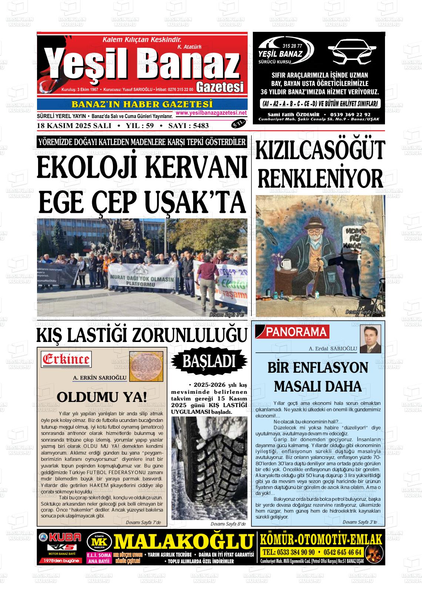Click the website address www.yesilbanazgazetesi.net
(x=211, y=113)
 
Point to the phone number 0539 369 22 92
(x=349, y=115)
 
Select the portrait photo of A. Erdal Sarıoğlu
(x=371, y=339)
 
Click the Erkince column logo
(x=66, y=359)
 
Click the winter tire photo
(x=210, y=468)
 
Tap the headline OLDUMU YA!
(x=102, y=398)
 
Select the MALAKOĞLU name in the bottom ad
(x=183, y=542)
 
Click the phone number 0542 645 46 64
(x=342, y=552)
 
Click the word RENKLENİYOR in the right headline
(x=320, y=179)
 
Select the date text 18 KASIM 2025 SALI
(x=74, y=126)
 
